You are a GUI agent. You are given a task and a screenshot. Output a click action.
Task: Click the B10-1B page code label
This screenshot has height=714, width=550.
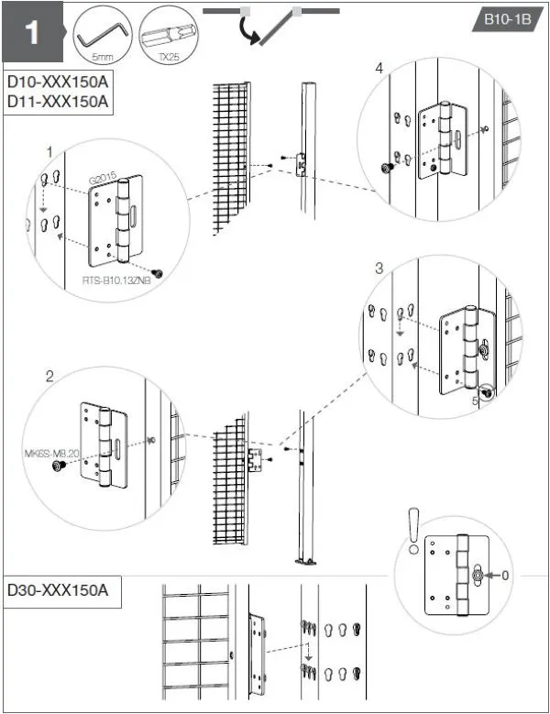pos(502,20)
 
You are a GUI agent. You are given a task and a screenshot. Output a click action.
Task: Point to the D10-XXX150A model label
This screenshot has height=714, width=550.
pos(58,82)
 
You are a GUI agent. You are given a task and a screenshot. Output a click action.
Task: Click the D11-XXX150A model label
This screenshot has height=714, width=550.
pos(58,101)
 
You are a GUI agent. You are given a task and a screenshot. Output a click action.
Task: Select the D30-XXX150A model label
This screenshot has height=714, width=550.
pos(58,589)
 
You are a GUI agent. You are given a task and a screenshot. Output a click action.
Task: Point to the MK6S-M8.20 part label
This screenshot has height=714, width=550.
pos(51,453)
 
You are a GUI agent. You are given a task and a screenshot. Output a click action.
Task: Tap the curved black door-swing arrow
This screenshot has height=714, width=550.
pos(250,33)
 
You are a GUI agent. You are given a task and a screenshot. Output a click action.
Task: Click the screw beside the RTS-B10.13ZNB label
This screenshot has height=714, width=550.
pos(159,273)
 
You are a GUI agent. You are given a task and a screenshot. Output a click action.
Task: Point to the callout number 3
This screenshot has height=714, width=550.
pos(378,269)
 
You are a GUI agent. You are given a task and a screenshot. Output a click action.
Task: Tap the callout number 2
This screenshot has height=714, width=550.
pos(49,376)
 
